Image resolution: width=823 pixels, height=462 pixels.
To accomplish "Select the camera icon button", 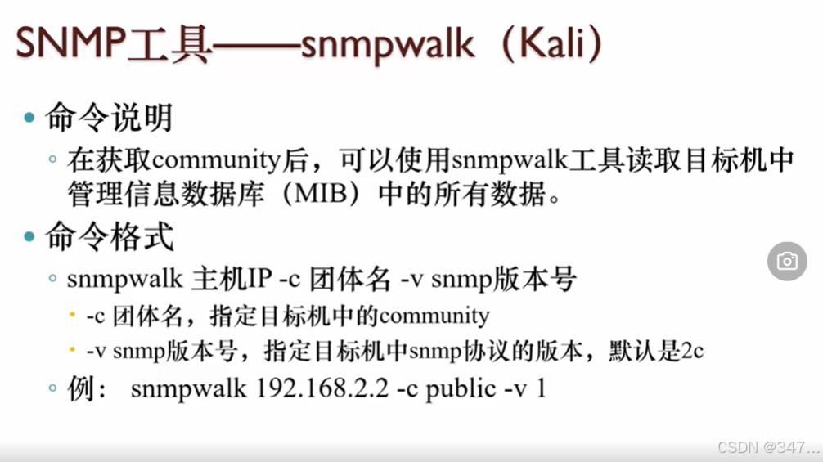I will [x=787, y=261].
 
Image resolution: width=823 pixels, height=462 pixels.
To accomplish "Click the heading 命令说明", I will [x=108, y=118].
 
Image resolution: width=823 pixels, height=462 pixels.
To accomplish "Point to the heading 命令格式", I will [x=108, y=237].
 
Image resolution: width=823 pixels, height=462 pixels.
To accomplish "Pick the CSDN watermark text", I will [x=767, y=447].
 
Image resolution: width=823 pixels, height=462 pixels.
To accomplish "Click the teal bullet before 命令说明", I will [x=30, y=119].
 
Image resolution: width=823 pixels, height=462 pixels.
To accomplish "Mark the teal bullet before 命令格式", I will [x=30, y=238].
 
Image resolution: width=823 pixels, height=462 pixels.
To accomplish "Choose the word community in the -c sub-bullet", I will [x=434, y=316].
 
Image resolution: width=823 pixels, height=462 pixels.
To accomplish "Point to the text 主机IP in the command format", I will [x=232, y=280].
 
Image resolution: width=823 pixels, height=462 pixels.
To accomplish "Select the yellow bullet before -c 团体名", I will [x=73, y=316].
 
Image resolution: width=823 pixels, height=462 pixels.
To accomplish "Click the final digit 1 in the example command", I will [x=541, y=388].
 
